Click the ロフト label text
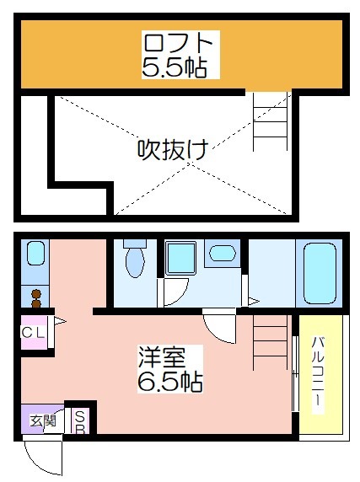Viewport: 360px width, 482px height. coord(178,43)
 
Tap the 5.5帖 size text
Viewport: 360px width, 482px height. coord(174,67)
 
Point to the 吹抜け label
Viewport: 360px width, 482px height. coord(173,150)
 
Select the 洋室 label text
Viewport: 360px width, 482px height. coord(162,357)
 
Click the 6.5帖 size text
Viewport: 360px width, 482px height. coord(169,381)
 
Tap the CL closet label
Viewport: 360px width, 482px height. coord(33,333)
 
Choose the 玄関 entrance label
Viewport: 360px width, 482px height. coord(43,420)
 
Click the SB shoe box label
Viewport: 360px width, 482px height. coord(80,422)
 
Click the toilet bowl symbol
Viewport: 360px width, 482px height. coord(135,259)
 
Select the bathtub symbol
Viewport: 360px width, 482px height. coord(320,273)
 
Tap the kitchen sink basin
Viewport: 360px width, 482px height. coord(35,253)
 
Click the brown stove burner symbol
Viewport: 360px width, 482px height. coord(36,297)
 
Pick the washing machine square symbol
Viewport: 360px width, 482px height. coord(180,258)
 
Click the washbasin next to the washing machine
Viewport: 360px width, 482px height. coord(223,253)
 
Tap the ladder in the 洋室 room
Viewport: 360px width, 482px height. coord(271,341)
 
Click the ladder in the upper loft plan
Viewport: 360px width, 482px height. coord(271,121)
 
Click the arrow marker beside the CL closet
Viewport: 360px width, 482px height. coord(60,322)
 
